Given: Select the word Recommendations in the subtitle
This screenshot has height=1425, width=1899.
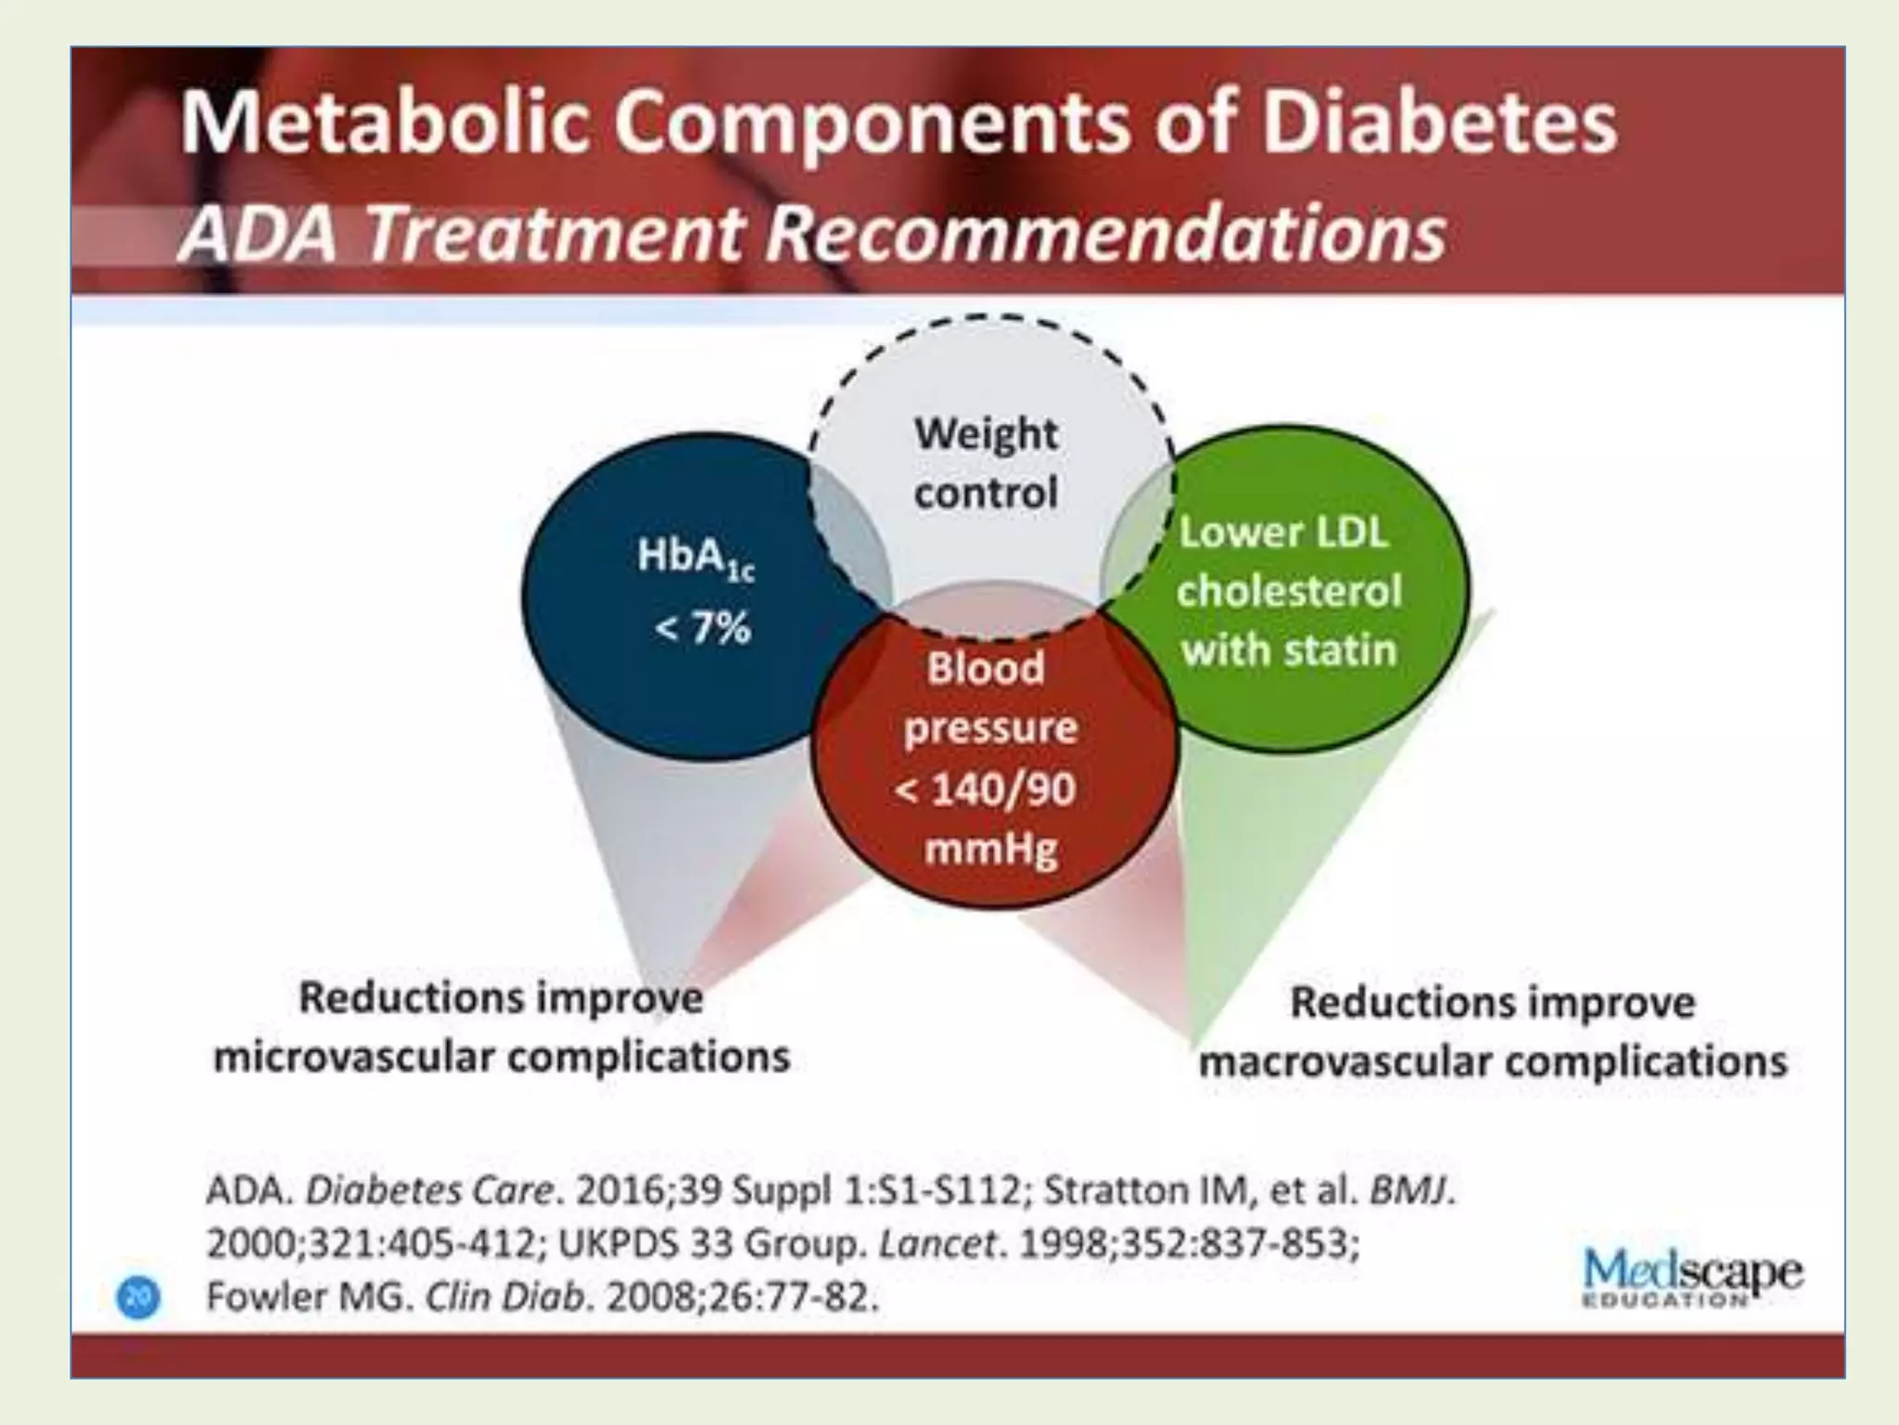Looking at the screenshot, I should click(x=1104, y=234).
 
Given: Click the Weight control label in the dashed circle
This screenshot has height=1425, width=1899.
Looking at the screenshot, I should click(x=986, y=463).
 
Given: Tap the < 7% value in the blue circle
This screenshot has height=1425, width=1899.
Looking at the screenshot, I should click(x=702, y=629).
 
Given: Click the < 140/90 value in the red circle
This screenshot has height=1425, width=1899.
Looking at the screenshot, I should click(x=985, y=790).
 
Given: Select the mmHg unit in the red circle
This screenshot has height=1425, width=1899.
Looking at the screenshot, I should click(x=990, y=849).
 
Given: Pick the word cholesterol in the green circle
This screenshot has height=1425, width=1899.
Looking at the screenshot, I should click(x=1288, y=591).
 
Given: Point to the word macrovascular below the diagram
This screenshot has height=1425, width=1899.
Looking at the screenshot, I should click(x=1349, y=1061).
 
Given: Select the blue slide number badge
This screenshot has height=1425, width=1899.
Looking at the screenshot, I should click(x=138, y=1297).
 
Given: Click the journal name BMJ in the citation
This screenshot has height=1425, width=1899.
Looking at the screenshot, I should click(x=1409, y=1190).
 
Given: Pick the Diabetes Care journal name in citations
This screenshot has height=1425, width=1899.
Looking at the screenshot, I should click(x=429, y=1190).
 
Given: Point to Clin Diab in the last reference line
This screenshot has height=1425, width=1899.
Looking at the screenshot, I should click(x=506, y=1296).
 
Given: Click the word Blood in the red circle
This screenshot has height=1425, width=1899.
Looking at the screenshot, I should click(x=985, y=668).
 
